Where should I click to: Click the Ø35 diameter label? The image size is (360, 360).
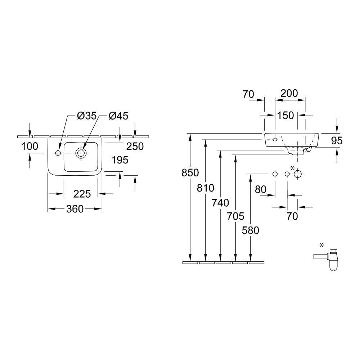point(87,116)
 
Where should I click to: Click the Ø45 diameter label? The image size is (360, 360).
point(118,116)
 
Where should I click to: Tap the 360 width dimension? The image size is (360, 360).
point(75,209)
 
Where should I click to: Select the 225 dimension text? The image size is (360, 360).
point(82,194)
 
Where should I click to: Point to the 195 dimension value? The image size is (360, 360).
point(120,160)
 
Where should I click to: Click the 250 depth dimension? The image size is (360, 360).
point(135,146)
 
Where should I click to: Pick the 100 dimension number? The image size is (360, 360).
point(30,146)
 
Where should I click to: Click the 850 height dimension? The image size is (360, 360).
point(190,173)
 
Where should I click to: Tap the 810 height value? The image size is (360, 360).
point(206,188)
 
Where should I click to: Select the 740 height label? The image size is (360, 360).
point(220,203)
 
